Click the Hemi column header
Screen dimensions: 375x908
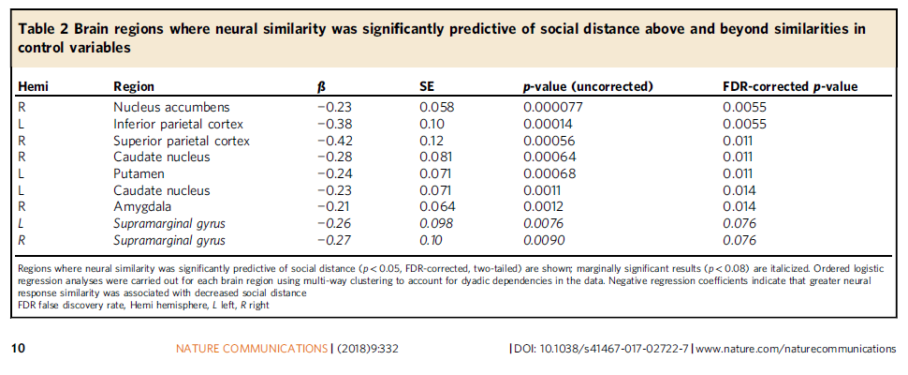point(33,86)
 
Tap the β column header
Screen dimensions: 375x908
point(322,86)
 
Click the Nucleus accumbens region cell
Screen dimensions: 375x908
point(171,107)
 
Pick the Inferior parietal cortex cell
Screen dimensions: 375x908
point(179,124)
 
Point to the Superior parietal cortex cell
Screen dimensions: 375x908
point(182,141)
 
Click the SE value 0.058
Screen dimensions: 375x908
point(437,107)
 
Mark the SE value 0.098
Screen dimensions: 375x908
point(437,224)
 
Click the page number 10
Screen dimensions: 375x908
point(18,349)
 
